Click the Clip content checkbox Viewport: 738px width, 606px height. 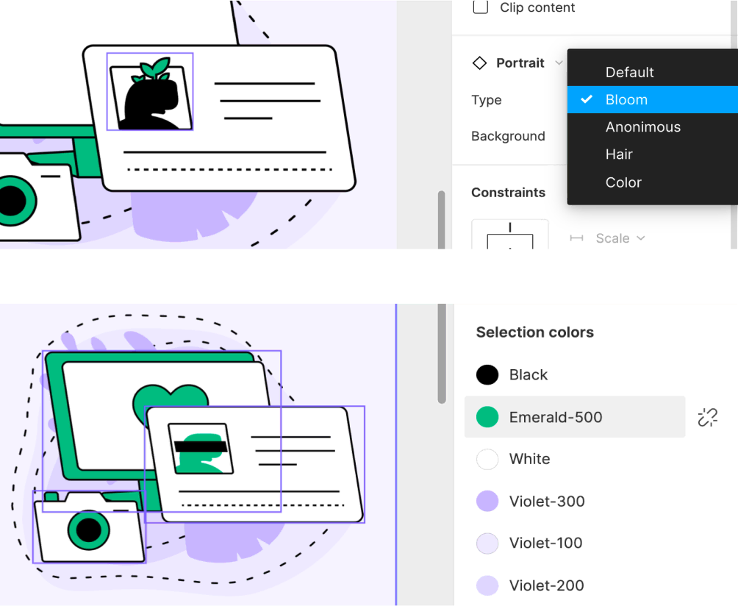click(x=481, y=7)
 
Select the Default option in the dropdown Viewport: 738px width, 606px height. click(x=629, y=72)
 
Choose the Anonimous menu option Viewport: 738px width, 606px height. click(x=642, y=127)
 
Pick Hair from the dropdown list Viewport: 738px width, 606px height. click(x=619, y=154)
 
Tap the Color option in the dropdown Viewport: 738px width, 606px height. click(x=623, y=182)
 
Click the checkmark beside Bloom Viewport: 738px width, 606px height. click(x=587, y=99)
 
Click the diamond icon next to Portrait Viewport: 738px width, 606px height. click(x=479, y=63)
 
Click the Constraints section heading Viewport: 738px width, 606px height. click(x=508, y=193)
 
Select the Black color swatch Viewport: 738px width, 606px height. click(x=487, y=375)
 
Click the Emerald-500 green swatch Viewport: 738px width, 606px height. click(x=487, y=417)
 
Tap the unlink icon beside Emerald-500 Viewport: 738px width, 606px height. click(x=707, y=417)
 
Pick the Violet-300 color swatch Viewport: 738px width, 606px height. click(x=487, y=502)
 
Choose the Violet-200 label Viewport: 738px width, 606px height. click(x=546, y=585)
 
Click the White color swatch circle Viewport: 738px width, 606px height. click(x=487, y=459)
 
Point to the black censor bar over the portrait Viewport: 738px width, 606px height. click(x=200, y=446)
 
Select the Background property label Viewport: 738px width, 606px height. click(x=508, y=136)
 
